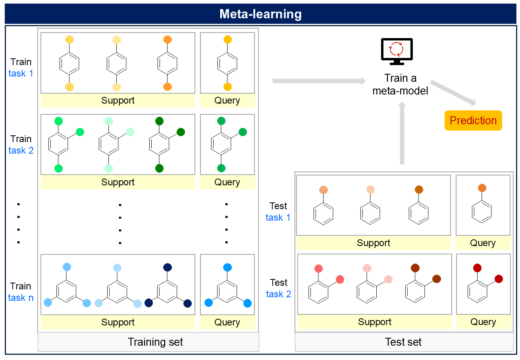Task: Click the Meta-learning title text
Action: click(260, 14)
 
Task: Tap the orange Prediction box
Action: click(473, 121)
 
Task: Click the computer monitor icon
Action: click(397, 51)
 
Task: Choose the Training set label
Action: click(156, 342)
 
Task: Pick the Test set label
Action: click(403, 342)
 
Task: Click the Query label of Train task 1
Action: click(227, 101)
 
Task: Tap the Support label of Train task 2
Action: click(118, 183)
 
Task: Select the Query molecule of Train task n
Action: click(227, 288)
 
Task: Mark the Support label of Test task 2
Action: click(375, 322)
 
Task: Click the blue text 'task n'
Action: click(21, 298)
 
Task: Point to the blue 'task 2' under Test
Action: click(278, 294)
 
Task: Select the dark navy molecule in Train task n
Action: click(168, 288)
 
